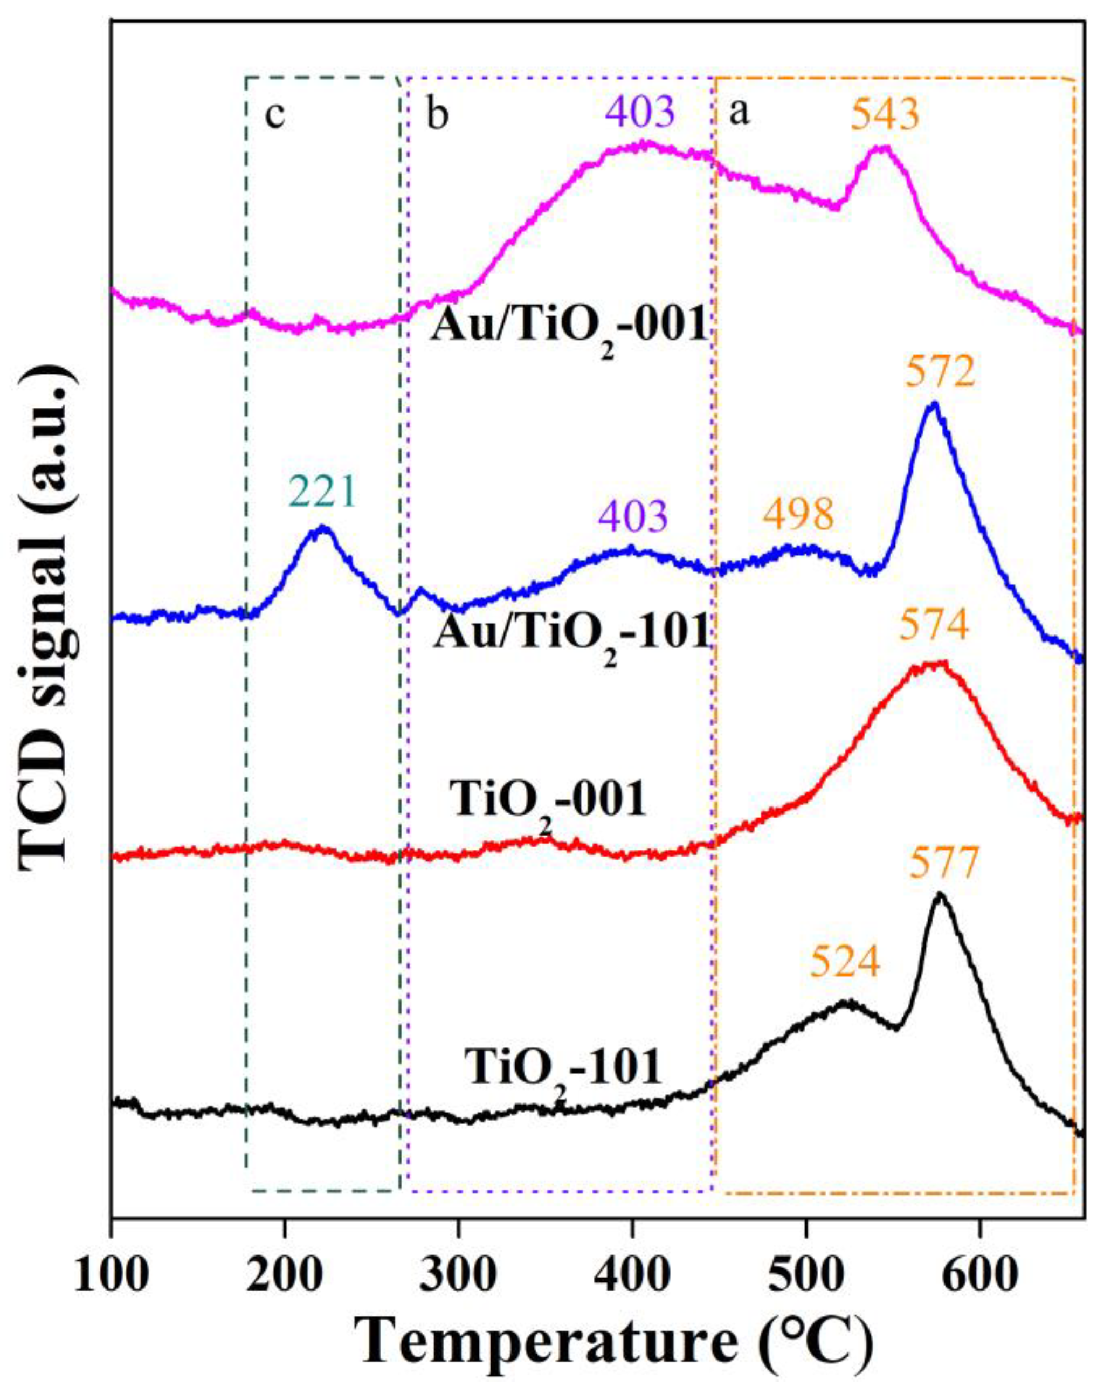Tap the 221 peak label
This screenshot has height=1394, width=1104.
(x=322, y=494)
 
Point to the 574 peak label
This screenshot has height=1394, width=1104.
(x=936, y=626)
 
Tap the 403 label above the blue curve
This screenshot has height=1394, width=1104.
(x=631, y=519)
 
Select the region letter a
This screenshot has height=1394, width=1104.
(x=740, y=115)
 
